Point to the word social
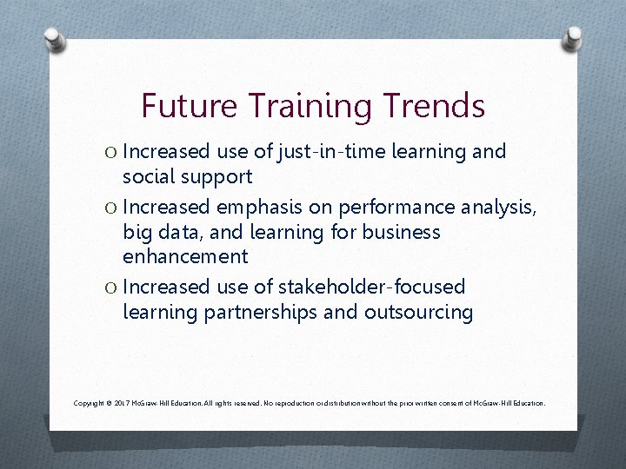tap(150, 177)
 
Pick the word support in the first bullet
tap(216, 178)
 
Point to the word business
tap(401, 233)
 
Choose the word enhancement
tap(185, 257)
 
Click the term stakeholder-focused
tap(368, 287)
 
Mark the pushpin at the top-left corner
tap(55, 39)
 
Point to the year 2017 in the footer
tap(122, 404)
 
